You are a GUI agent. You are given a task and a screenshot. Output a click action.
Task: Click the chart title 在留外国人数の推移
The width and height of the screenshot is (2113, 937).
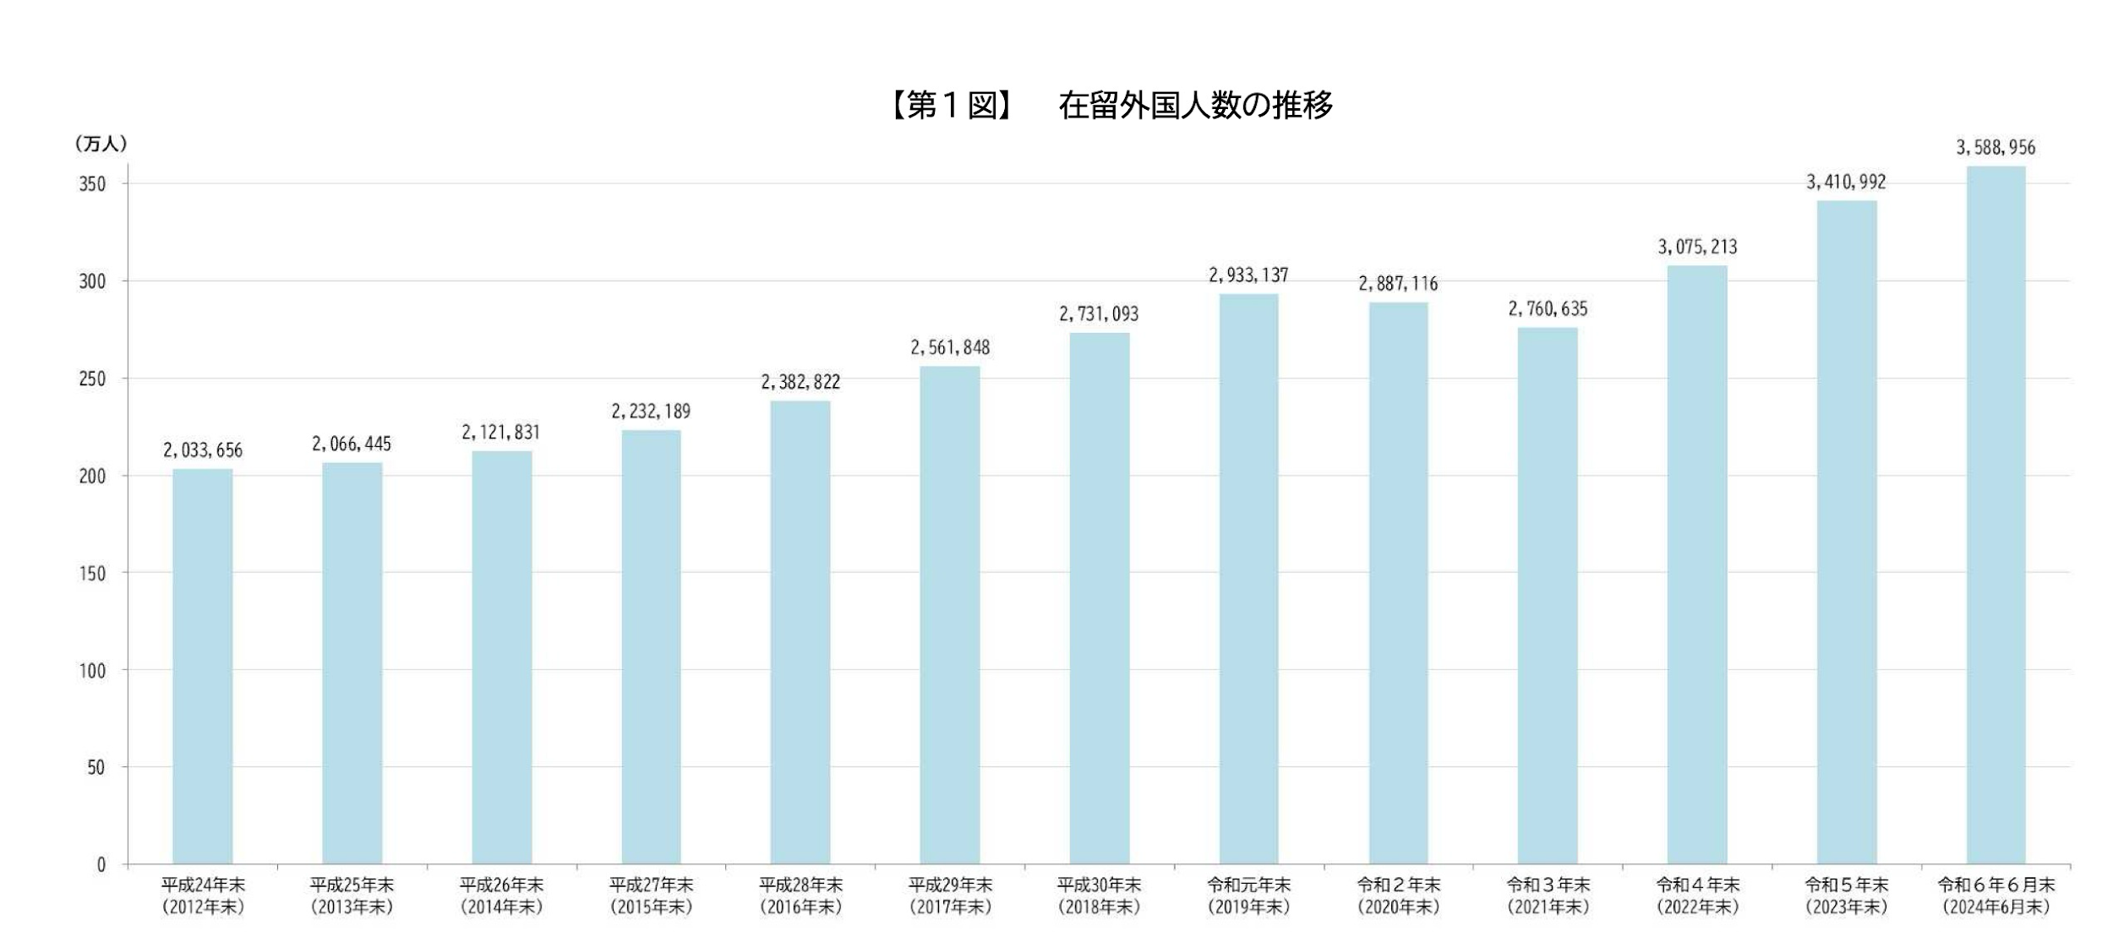(x=1195, y=106)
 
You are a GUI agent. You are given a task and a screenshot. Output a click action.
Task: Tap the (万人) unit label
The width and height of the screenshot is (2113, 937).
(x=101, y=144)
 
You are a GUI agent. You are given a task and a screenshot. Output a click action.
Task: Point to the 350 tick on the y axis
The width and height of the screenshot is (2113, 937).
(x=92, y=184)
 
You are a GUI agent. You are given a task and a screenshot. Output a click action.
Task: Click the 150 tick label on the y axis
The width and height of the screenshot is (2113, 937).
(x=92, y=574)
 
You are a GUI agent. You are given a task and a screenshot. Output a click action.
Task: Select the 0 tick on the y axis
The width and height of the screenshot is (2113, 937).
(x=101, y=864)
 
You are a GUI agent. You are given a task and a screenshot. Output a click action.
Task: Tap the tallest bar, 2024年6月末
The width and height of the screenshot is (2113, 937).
(x=1996, y=515)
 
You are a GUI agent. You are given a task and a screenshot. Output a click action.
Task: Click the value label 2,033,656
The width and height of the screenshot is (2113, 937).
(x=203, y=450)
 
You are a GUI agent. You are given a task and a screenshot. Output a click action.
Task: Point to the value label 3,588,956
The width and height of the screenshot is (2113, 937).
(x=1996, y=148)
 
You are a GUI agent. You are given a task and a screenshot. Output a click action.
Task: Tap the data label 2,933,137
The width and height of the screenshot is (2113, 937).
(x=1248, y=275)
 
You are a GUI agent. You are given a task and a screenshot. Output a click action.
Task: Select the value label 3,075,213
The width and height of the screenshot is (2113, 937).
(x=1697, y=247)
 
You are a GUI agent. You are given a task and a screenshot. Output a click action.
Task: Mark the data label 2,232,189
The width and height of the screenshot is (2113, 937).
(x=651, y=411)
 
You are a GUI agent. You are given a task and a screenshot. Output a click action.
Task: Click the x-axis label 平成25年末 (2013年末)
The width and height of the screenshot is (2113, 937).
(x=352, y=896)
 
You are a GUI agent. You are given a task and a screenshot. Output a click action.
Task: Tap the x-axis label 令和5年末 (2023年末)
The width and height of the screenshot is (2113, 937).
(x=1846, y=896)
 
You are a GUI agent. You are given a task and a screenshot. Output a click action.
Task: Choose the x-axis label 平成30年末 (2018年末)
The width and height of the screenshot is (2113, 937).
(x=1099, y=896)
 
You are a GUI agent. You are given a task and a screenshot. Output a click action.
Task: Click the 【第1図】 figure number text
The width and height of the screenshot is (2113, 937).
(x=952, y=106)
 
